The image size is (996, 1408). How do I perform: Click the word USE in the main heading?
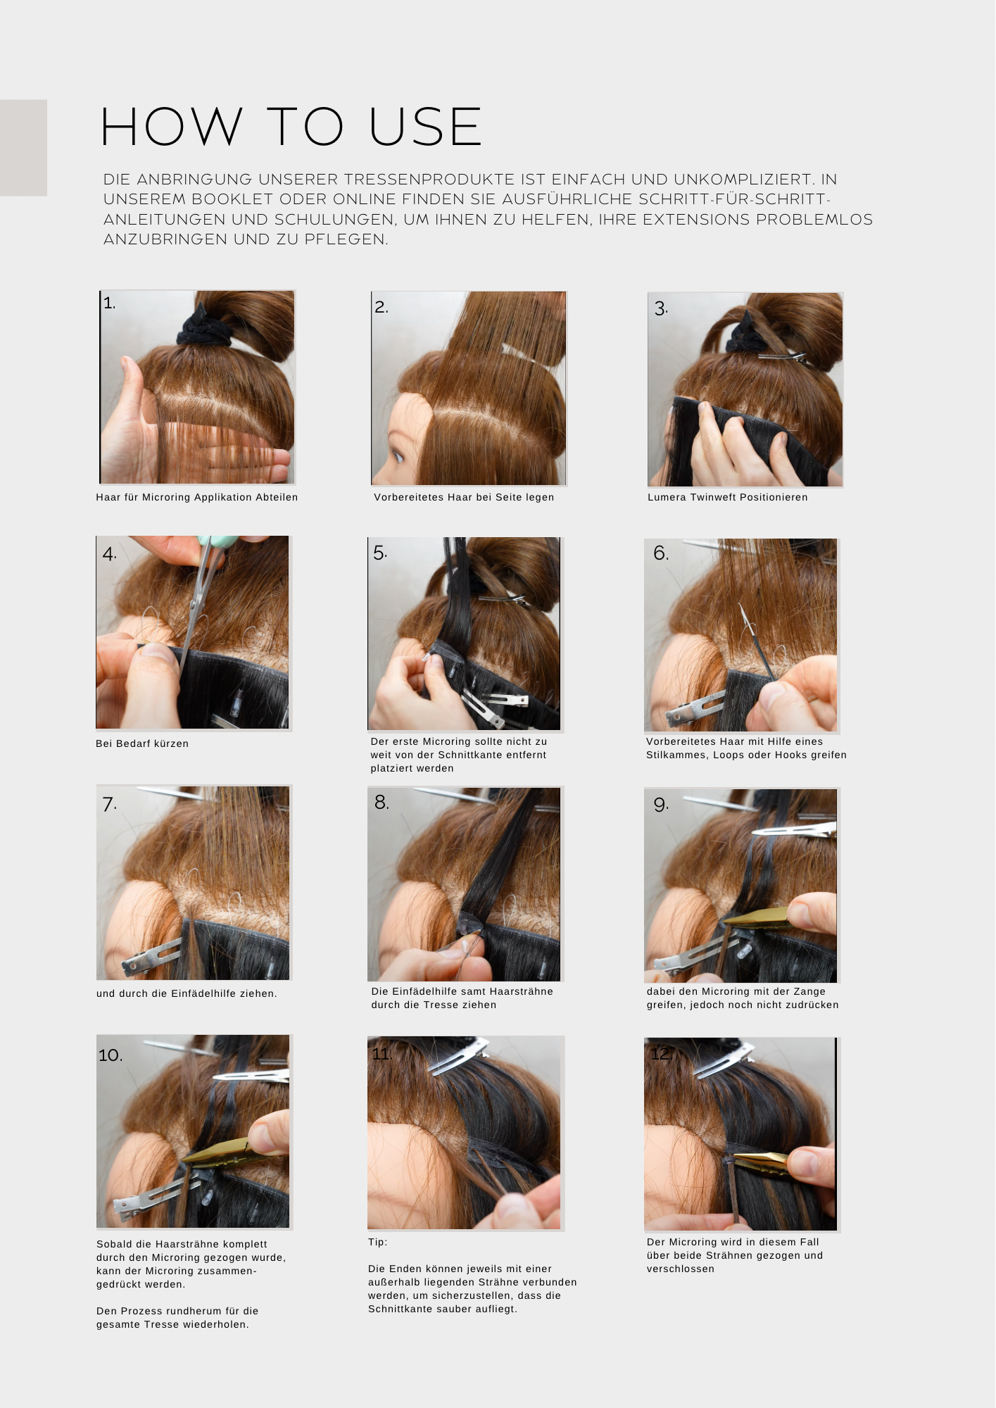(x=425, y=127)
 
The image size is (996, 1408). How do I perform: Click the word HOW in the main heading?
(x=172, y=127)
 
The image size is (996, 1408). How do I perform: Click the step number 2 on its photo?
(x=381, y=307)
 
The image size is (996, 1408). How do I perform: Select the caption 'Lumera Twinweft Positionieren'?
(x=727, y=497)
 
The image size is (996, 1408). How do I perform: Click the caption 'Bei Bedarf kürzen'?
(x=142, y=743)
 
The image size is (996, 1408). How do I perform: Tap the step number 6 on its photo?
(x=660, y=553)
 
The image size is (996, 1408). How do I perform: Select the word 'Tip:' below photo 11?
(x=377, y=1243)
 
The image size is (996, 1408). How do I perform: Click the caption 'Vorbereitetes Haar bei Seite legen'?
(x=464, y=497)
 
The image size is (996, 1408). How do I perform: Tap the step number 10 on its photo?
(x=111, y=1055)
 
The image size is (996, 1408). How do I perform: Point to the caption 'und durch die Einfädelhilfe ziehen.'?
(x=187, y=993)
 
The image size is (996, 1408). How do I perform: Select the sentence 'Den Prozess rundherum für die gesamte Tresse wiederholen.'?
(x=177, y=1318)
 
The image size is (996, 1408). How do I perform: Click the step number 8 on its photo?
(x=382, y=803)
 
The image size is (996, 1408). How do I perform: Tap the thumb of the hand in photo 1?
(x=134, y=384)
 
